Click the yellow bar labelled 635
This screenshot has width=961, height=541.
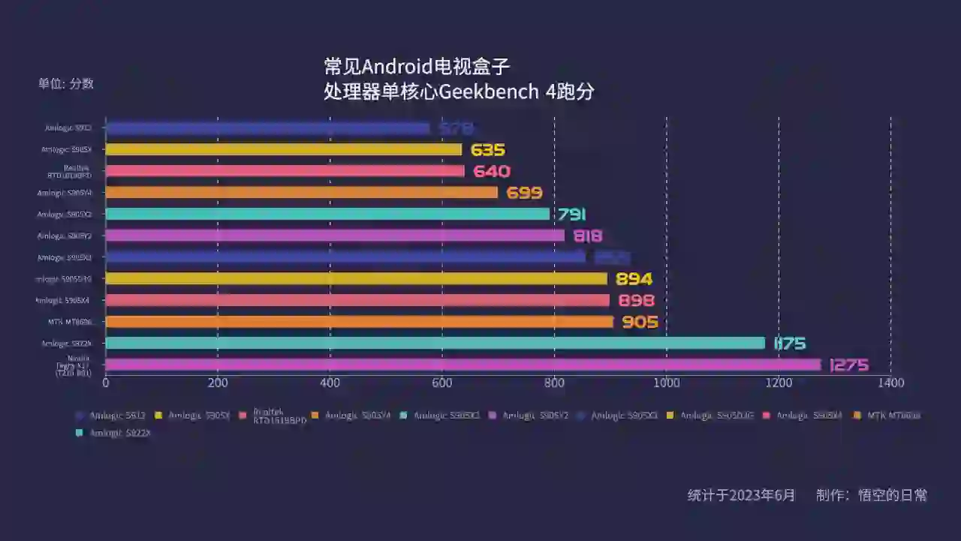coord(284,149)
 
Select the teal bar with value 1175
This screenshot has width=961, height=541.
coord(435,343)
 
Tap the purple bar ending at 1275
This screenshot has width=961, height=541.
coord(463,365)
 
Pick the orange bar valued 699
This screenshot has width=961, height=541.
coord(301,193)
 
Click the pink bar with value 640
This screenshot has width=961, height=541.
coord(285,171)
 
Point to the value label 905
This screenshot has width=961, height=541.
coord(640,322)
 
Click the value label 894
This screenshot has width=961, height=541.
coord(634,279)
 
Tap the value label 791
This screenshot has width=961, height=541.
coord(571,215)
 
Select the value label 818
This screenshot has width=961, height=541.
coord(587,236)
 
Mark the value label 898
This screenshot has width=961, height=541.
coord(636,301)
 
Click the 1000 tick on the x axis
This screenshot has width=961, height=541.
coord(667,383)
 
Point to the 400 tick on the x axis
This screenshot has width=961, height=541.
coord(330,383)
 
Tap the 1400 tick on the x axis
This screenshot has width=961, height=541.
coord(890,383)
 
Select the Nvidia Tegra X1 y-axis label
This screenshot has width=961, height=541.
coord(74,365)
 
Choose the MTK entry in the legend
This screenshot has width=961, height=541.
coord(893,416)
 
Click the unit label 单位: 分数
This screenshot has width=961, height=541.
coord(66,84)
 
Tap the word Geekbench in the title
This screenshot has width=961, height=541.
coord(489,92)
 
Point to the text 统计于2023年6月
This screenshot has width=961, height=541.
coord(741,495)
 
